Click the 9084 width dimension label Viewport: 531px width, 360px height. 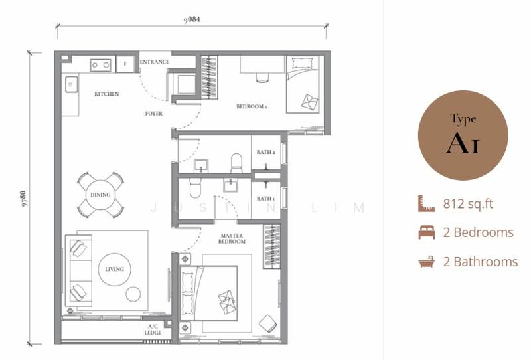192,19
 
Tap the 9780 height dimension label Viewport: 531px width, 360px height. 23,199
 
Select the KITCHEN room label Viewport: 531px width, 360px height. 107,94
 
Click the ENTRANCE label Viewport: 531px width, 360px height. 155,62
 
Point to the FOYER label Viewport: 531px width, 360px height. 154,114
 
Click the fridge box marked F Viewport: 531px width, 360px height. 125,64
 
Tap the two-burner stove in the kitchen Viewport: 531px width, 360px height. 101,65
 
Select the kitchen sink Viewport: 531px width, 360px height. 72,84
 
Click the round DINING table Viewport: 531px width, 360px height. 100,195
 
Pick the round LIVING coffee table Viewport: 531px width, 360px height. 114,270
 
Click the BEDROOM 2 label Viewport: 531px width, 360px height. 252,106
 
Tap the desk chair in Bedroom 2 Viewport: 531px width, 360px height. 262,78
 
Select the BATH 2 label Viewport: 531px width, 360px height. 266,153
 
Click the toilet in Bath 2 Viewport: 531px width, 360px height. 236,163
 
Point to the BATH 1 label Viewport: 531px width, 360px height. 266,199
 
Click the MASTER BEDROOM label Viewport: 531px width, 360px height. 232,238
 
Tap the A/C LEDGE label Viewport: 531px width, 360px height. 153,330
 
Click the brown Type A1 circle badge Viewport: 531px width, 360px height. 463,135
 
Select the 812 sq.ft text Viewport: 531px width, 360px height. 468,204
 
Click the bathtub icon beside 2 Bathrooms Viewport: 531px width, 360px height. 427,262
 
